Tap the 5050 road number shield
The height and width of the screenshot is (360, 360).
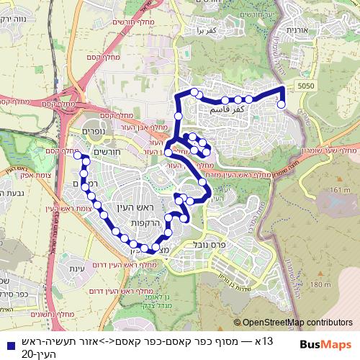306,85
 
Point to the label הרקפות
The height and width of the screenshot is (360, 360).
145,224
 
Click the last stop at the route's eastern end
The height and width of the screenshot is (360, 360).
281,105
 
